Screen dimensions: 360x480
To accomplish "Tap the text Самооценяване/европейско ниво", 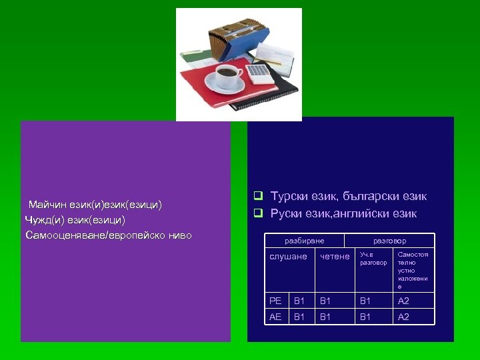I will pos(108,235).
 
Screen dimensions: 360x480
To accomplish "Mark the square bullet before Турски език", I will pos(257,197).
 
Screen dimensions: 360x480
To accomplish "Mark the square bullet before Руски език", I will pos(257,214).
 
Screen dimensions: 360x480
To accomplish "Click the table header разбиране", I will pos(304,241).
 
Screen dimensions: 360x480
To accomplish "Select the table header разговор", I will pos(389,241).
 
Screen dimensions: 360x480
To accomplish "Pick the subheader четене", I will pos(335,257).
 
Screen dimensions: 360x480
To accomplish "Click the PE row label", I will pos(275,301).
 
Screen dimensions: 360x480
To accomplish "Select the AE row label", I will pos(275,317).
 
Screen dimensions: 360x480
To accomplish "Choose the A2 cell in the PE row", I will pos(403,301).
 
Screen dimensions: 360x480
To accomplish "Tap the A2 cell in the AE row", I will pos(403,317).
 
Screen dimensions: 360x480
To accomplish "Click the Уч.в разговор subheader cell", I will pos(373,259).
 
